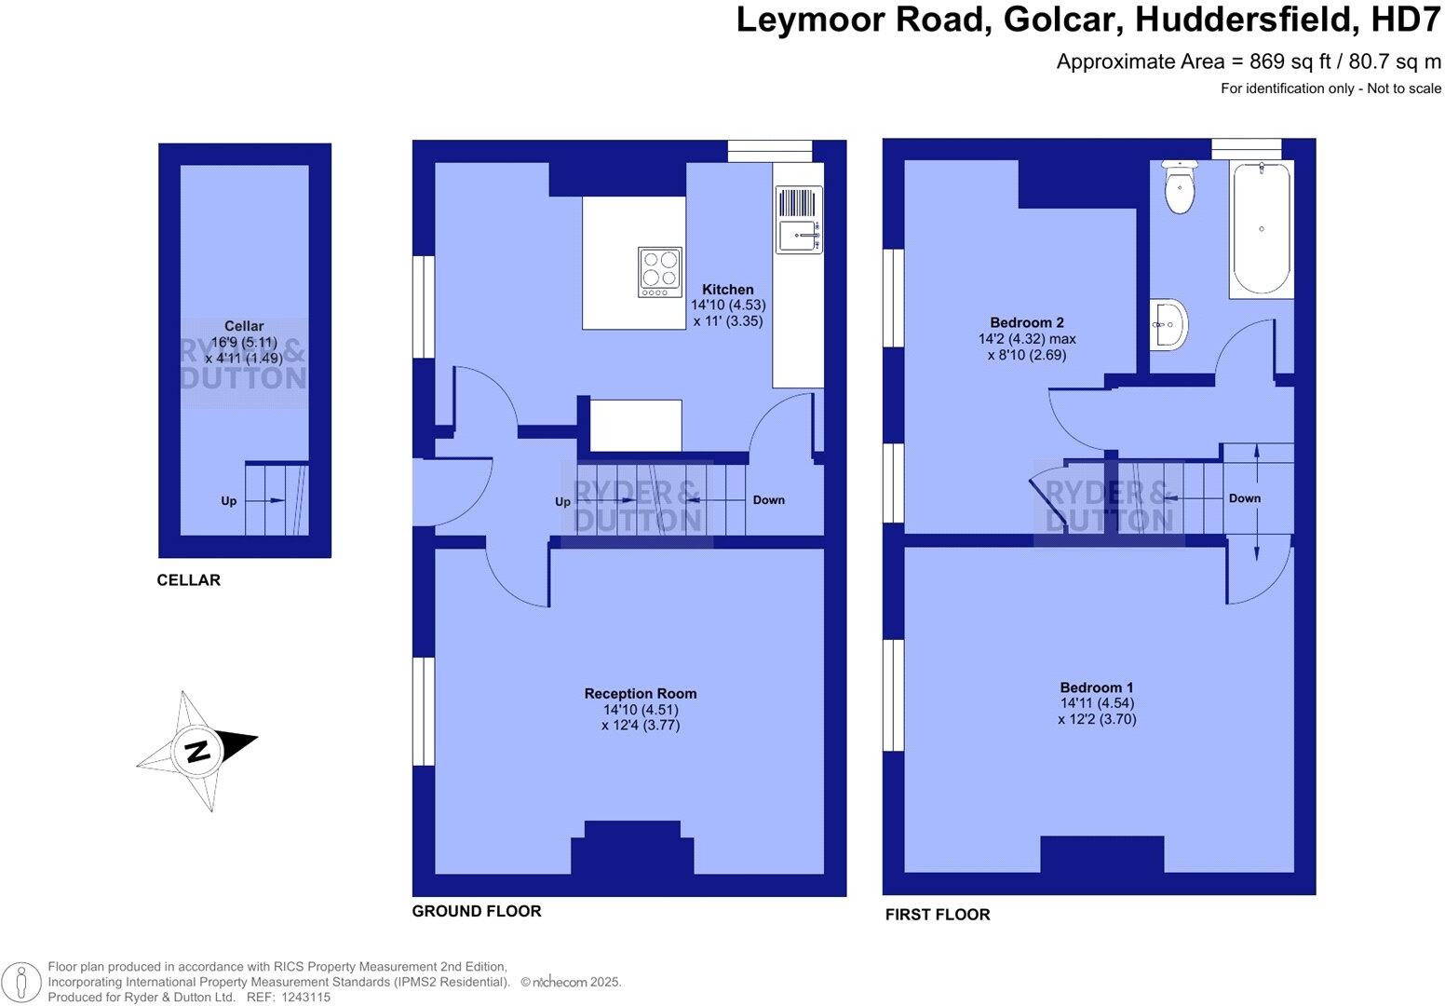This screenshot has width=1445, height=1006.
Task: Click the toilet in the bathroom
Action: (1180, 188)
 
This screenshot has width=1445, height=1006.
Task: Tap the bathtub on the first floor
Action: (1262, 229)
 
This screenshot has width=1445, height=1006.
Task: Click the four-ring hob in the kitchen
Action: (659, 272)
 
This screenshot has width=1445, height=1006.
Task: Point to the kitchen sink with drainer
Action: (799, 220)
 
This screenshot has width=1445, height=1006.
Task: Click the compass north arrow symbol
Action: (198, 750)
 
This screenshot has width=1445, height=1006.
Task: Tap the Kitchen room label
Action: (727, 290)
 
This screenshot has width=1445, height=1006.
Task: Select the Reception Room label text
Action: (640, 693)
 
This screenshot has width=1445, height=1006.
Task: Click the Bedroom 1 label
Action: (1097, 687)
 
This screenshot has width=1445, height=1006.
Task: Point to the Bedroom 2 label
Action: (1026, 323)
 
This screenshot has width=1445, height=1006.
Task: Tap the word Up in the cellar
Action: (229, 501)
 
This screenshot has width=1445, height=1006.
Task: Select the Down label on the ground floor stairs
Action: (768, 500)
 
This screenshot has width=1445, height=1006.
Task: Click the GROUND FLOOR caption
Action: (476, 911)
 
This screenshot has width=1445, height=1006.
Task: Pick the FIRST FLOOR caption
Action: (937, 915)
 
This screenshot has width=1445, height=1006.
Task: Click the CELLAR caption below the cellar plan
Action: (188, 580)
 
